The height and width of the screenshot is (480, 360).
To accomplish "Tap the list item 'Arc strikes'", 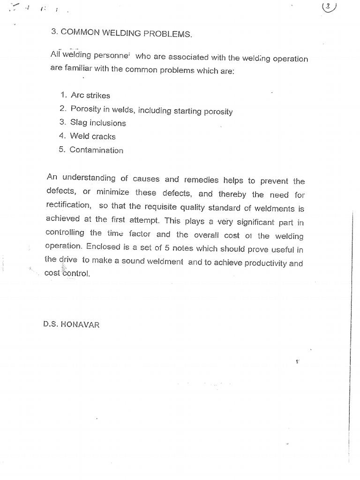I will pos(90,96).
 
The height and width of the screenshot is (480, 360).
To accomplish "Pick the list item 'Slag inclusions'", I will pos(98,123).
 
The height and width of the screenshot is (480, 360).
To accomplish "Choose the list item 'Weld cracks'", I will pos(93,136).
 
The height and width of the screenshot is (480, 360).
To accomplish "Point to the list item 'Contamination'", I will pos(96,150).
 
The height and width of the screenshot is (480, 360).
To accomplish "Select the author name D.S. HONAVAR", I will pos(71,324).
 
